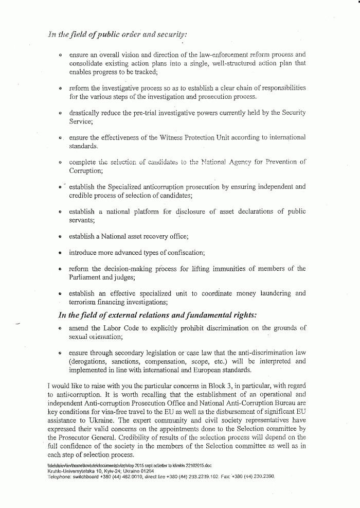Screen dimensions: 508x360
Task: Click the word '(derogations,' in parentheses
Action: (89, 361)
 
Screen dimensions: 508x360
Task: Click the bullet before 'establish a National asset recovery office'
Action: (60, 237)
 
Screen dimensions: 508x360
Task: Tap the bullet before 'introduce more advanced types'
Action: (60, 253)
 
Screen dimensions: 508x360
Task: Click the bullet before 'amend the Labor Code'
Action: (60, 328)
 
